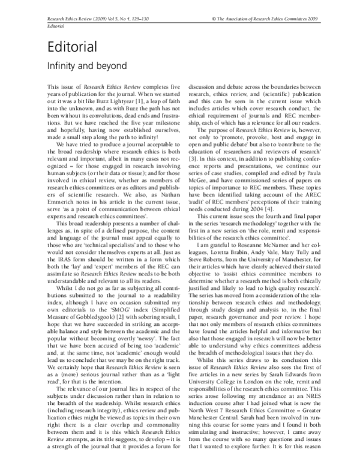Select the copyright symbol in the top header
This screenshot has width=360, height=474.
click(x=206, y=19)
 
